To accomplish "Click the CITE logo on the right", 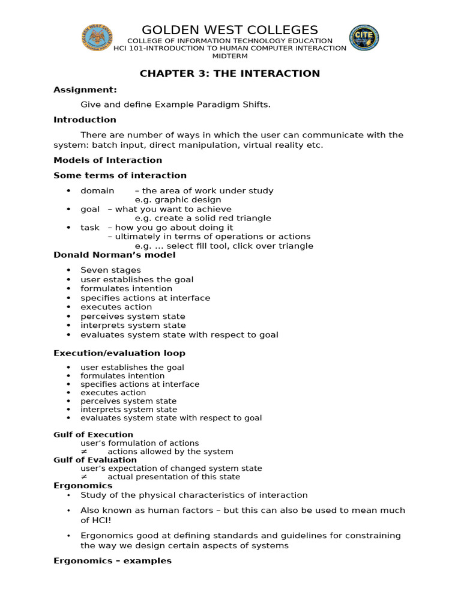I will coord(364,38).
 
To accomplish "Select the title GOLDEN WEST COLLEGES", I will coord(230,30).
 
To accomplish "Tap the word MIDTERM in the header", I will coord(230,56).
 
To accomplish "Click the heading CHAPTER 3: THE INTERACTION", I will coord(230,74).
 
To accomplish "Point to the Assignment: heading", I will coord(85,89).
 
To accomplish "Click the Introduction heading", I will coord(85,120).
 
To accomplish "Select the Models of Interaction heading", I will coord(107,160).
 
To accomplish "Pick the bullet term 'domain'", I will coord(97,190).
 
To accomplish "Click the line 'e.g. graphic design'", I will coord(178,199).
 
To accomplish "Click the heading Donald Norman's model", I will coord(115,255).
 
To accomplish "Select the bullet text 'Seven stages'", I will coord(111,270).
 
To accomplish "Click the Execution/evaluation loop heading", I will coord(119,353).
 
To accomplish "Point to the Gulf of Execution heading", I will coord(93,435).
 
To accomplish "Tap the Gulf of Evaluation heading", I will coord(95,460).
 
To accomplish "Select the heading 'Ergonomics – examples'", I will coord(112,560).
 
